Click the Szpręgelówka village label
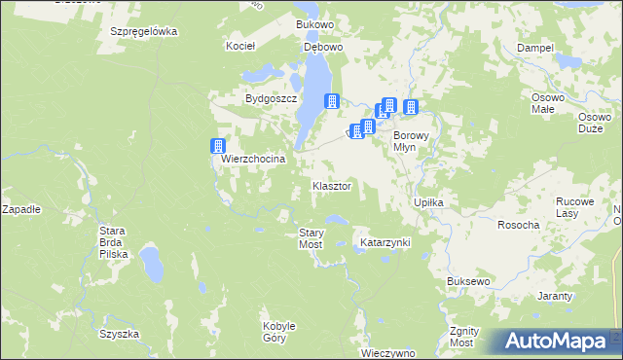(x=143, y=31)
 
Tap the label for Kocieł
(x=239, y=46)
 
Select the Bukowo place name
(x=314, y=22)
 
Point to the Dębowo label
(x=324, y=46)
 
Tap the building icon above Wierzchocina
(x=218, y=146)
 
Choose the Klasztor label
(x=331, y=185)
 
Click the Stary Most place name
(x=311, y=238)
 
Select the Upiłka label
(x=429, y=202)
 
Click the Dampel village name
(x=535, y=47)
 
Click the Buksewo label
(x=468, y=281)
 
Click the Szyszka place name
(x=119, y=334)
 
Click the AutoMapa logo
(x=555, y=342)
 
